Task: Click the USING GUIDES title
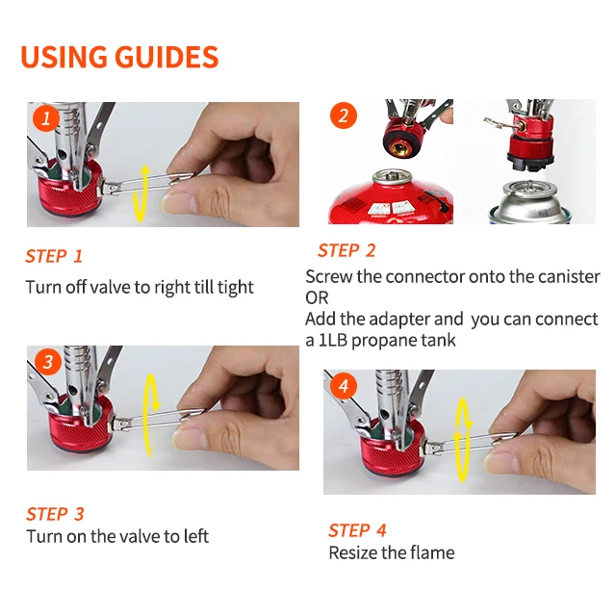click(119, 57)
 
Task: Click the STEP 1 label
click(54, 256)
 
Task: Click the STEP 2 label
click(346, 250)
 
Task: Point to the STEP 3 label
click(55, 513)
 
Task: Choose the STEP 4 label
click(357, 530)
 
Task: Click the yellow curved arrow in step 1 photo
click(141, 192)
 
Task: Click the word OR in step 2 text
click(317, 298)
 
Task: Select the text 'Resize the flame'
click(391, 552)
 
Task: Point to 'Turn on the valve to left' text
click(117, 536)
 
